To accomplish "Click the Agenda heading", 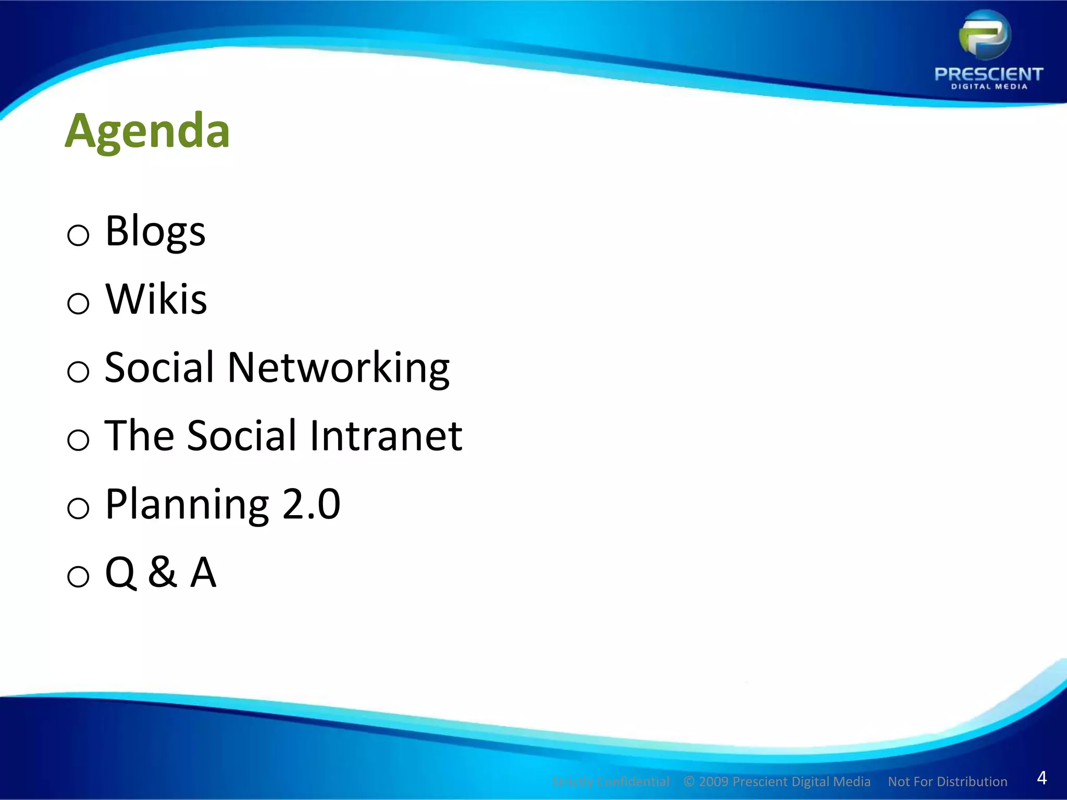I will pyautogui.click(x=147, y=131).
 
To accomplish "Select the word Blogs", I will pyautogui.click(x=155, y=231).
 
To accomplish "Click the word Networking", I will pyautogui.click(x=339, y=368).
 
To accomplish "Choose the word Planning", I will pyautogui.click(x=187, y=504).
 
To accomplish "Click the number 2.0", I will pyautogui.click(x=311, y=504).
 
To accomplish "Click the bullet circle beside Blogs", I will pyautogui.click(x=78, y=235).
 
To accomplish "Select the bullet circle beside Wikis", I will pyautogui.click(x=78, y=303).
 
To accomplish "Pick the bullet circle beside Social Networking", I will pyautogui.click(x=78, y=372).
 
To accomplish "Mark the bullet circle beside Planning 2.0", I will pyautogui.click(x=78, y=508).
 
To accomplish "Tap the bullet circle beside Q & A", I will pyautogui.click(x=78, y=577).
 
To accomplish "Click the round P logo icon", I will pyautogui.click(x=985, y=35).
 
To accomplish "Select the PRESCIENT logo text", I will pyautogui.click(x=989, y=74).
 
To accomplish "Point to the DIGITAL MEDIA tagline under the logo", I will pyautogui.click(x=989, y=86).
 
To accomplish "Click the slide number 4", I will pyautogui.click(x=1041, y=778).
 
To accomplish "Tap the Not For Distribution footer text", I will pyautogui.click(x=947, y=782).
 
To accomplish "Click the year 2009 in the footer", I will pyautogui.click(x=713, y=782).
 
